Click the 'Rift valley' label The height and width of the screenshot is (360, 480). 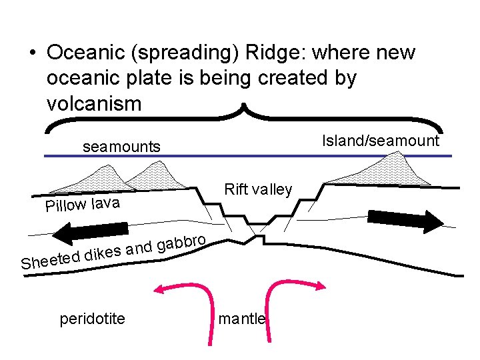[258, 190]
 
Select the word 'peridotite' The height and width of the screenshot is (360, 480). [92, 319]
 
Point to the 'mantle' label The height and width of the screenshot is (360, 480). [243, 319]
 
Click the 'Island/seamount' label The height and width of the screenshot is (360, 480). [381, 141]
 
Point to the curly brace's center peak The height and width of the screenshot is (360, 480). [245, 107]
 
